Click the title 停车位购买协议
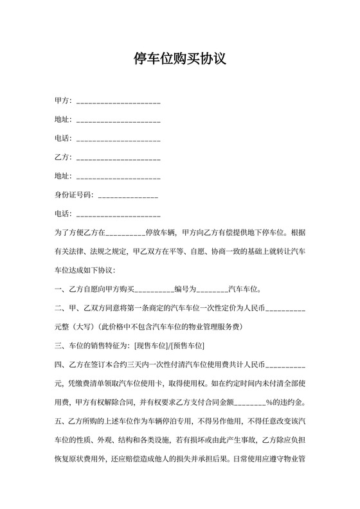click(179, 60)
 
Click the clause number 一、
click(61, 289)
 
